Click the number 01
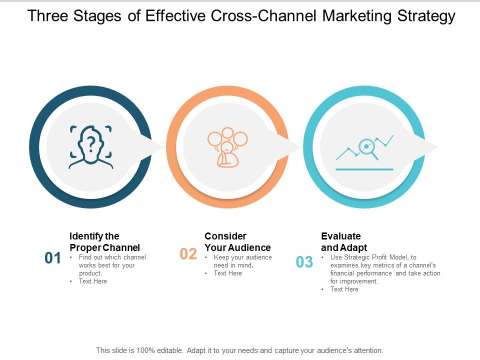pyautogui.click(x=52, y=258)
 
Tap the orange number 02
pyautogui.click(x=188, y=254)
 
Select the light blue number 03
pyautogui.click(x=304, y=262)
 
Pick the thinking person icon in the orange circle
pyautogui.click(x=227, y=147)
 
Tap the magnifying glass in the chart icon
pyautogui.click(x=367, y=147)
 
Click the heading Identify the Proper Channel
pyautogui.click(x=104, y=241)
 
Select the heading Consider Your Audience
pyautogui.click(x=237, y=241)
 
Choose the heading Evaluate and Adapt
pyautogui.click(x=344, y=241)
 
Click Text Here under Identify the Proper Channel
pyautogui.click(x=93, y=281)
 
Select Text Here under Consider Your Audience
pyautogui.click(x=228, y=273)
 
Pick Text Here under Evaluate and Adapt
pyautogui.click(x=344, y=289)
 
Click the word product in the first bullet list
pyautogui.click(x=90, y=273)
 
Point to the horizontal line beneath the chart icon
pyautogui.click(x=364, y=169)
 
